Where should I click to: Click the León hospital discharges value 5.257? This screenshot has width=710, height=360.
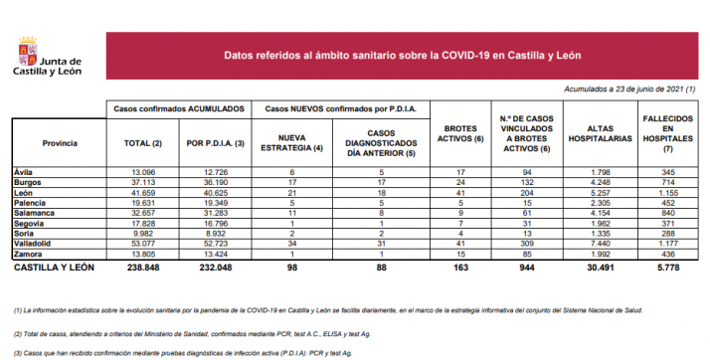[x=584, y=194]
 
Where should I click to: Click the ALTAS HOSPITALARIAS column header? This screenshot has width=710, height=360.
[x=584, y=133]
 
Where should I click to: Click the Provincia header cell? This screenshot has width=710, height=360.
[x=48, y=143]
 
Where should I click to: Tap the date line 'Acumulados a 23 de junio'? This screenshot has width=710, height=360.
[x=618, y=90]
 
